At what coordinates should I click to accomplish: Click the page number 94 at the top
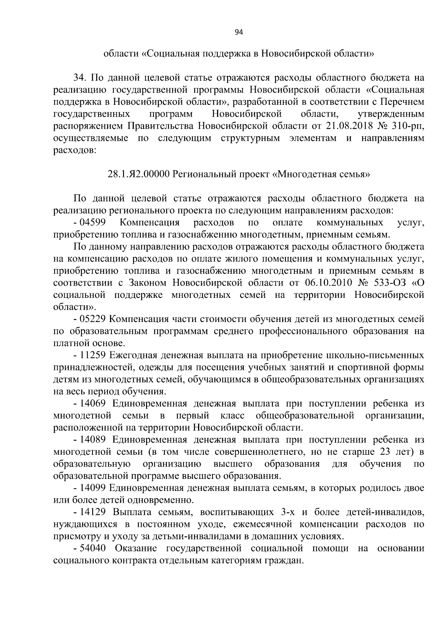pos(239,33)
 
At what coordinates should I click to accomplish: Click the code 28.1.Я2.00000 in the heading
pos(139,174)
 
